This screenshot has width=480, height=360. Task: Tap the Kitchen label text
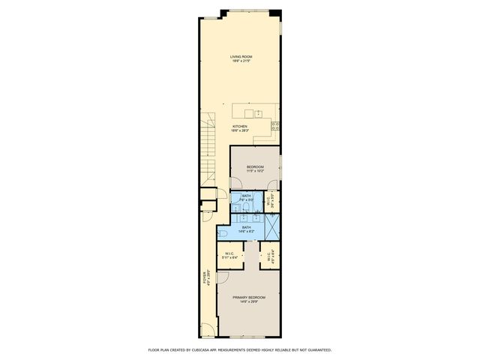pos(240,128)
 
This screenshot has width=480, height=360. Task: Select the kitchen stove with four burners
pos(275,126)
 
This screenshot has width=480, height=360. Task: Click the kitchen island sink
pos(257,114)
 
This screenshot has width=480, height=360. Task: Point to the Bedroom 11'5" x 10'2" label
pos(255,169)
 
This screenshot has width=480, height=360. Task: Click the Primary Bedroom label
pos(250,300)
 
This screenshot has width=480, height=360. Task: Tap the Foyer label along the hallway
pos(208,277)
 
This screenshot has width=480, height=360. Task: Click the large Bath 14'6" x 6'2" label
pos(247,229)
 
